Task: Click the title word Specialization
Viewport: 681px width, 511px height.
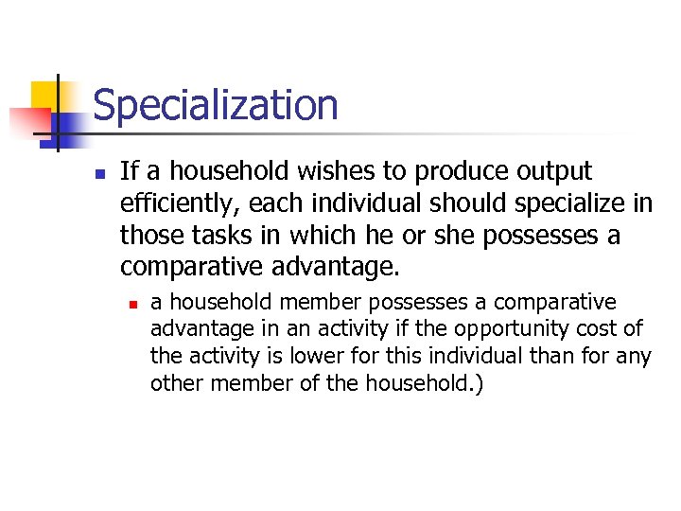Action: tap(215, 105)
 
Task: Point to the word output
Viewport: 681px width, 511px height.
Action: tap(552, 172)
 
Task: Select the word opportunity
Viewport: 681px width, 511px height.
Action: tap(500, 328)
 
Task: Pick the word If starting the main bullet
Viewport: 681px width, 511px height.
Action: tap(130, 172)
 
